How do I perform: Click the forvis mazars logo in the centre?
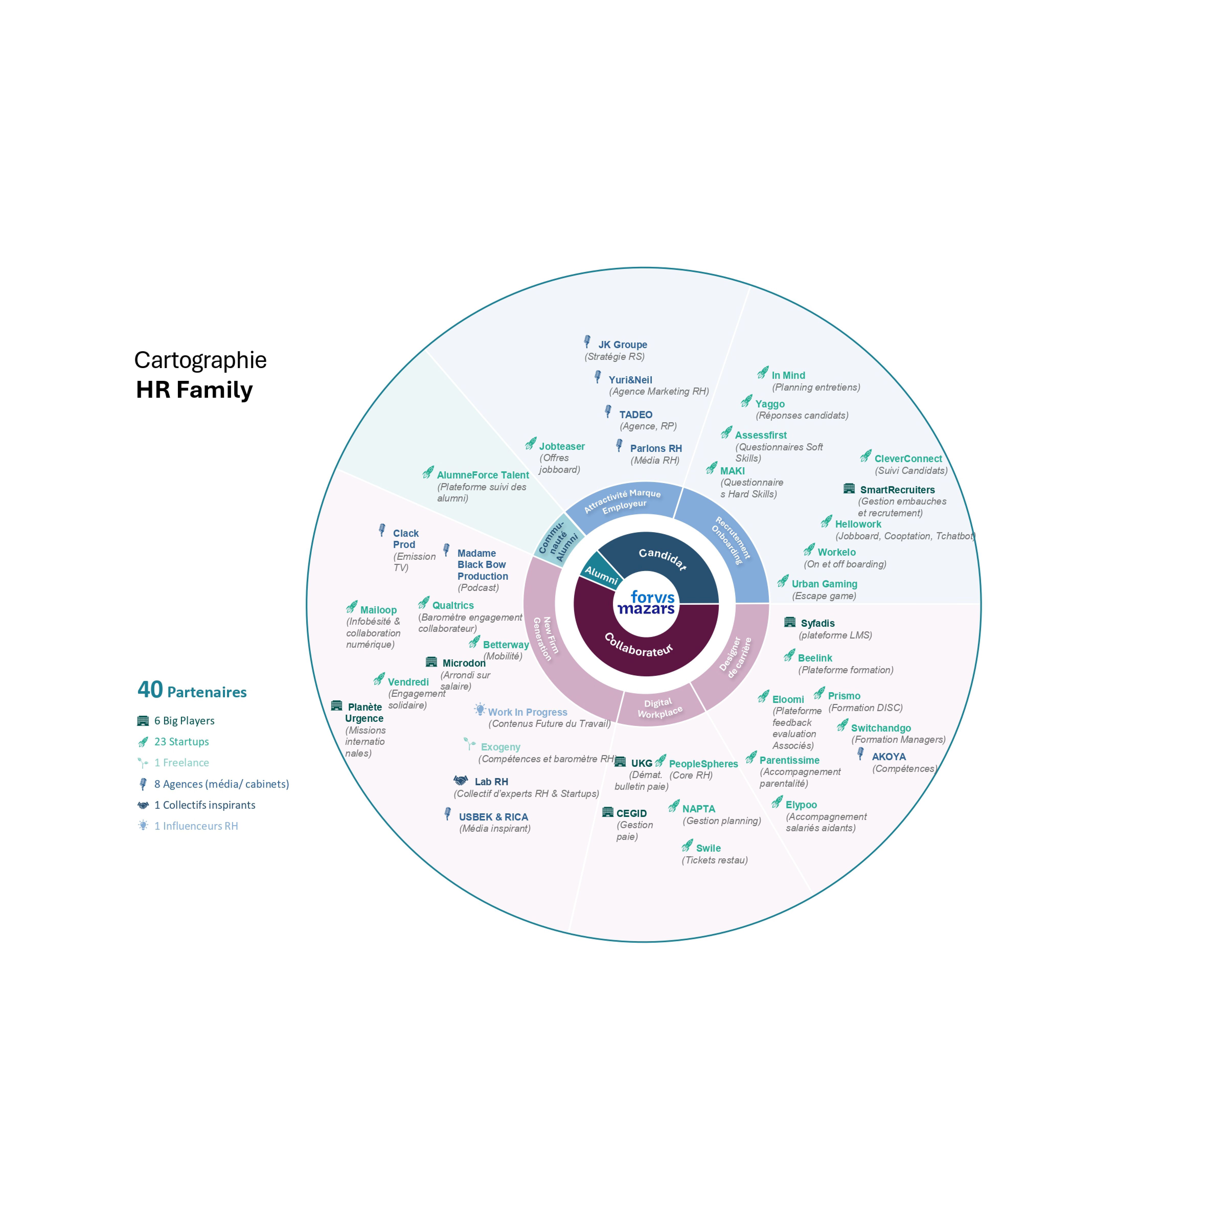click(646, 603)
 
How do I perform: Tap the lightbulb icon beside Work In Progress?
click(480, 709)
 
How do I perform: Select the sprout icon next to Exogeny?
click(470, 743)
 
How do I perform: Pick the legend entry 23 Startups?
click(181, 742)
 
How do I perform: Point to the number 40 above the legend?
click(150, 690)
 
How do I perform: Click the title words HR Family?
click(195, 390)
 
